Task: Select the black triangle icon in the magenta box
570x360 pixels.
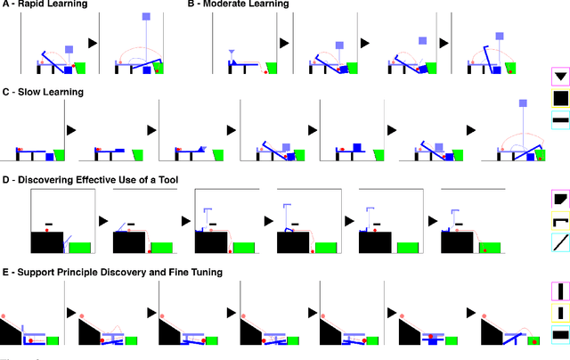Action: pos(559,77)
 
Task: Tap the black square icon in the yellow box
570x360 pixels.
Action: pos(559,98)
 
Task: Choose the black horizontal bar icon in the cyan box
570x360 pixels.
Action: pos(559,119)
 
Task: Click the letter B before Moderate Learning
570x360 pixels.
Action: pos(191,4)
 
